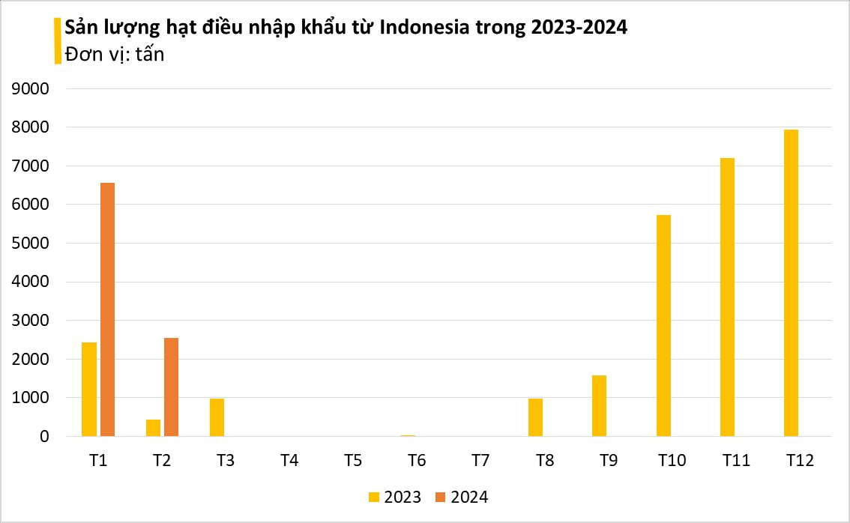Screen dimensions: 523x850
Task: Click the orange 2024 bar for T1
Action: [107, 309]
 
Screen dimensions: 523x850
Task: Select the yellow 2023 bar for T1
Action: [89, 389]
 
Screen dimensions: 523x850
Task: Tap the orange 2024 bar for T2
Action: [171, 387]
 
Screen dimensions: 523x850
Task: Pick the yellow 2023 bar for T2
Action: [153, 428]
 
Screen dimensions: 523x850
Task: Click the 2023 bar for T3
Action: [217, 417]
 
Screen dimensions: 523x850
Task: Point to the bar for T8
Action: [535, 417]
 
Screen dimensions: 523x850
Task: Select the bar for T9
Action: [599, 405]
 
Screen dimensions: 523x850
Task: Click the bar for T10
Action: [663, 325]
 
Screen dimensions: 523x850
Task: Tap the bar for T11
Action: [727, 297]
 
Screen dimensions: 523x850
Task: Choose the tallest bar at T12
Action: [791, 282]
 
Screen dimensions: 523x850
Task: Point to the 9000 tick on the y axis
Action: [31, 88]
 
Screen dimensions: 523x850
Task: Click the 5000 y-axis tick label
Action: [31, 244]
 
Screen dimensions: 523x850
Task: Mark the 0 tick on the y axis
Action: [44, 436]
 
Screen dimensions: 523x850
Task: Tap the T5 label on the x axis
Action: [353, 461]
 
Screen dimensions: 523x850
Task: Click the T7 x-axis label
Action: [480, 461]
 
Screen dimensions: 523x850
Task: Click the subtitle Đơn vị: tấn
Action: [114, 54]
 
